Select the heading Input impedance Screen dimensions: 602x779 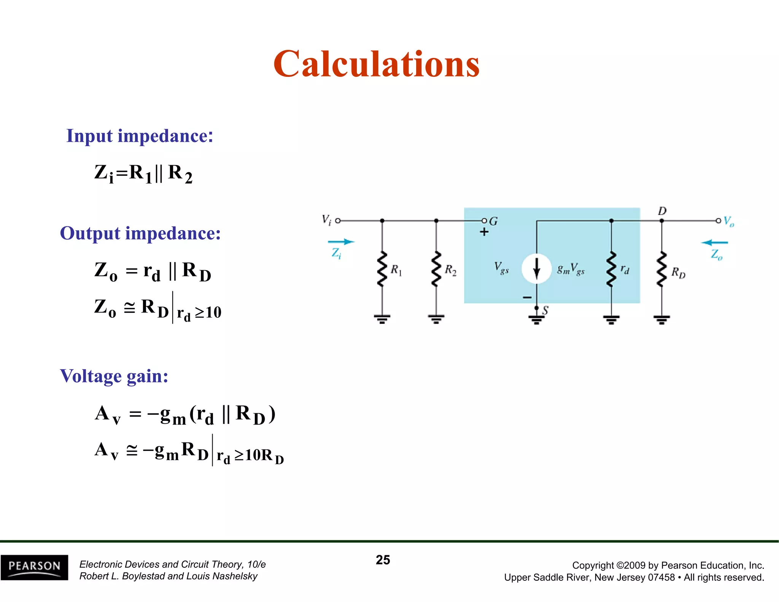(x=140, y=136)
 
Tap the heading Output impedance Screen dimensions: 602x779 (x=140, y=233)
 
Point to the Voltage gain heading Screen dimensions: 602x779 (x=114, y=376)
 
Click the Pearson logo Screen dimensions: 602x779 (x=34, y=567)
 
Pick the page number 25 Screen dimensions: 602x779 (x=383, y=560)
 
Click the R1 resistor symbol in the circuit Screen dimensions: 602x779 (x=382, y=269)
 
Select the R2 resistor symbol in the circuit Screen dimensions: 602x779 (x=436, y=269)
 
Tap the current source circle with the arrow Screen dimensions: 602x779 (x=536, y=269)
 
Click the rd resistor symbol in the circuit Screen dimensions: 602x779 (x=611, y=269)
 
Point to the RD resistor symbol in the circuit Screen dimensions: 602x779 (x=661, y=269)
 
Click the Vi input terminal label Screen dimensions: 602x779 (x=326, y=220)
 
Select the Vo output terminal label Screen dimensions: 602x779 (x=728, y=221)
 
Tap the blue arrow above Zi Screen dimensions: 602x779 (x=341, y=242)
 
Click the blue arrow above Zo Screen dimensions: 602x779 (x=714, y=242)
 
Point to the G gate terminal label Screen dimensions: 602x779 (x=493, y=221)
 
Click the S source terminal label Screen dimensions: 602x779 (x=545, y=311)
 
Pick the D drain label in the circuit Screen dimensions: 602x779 (x=662, y=211)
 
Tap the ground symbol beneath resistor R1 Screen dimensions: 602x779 (x=382, y=319)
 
